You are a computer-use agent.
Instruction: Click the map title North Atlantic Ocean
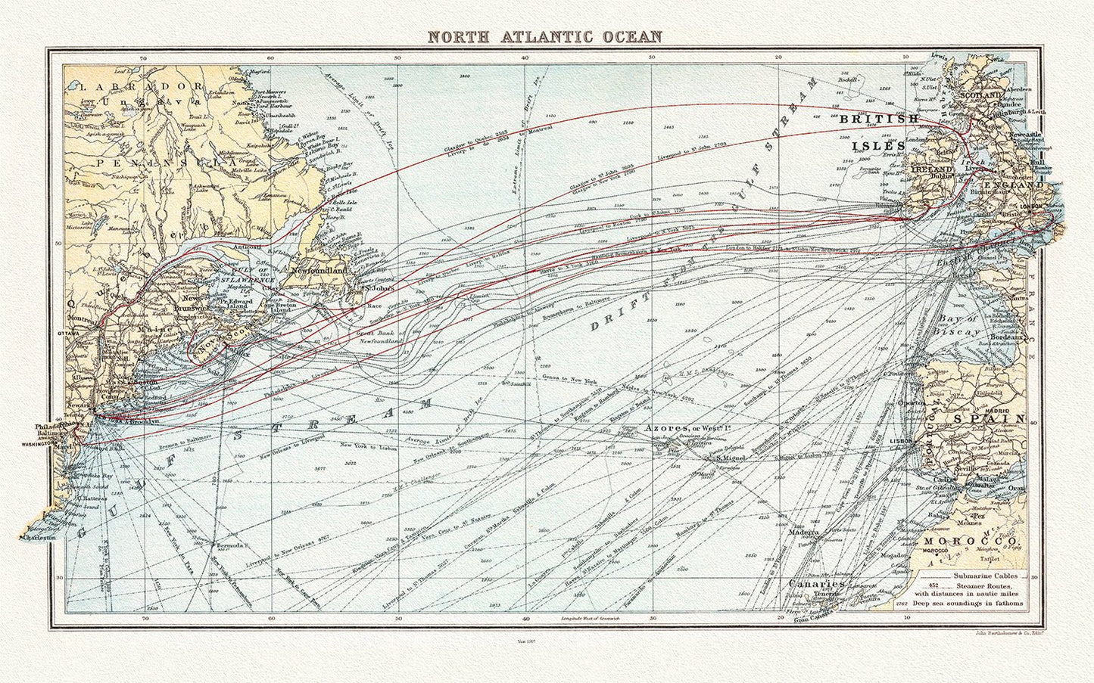pyautogui.click(x=544, y=36)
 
